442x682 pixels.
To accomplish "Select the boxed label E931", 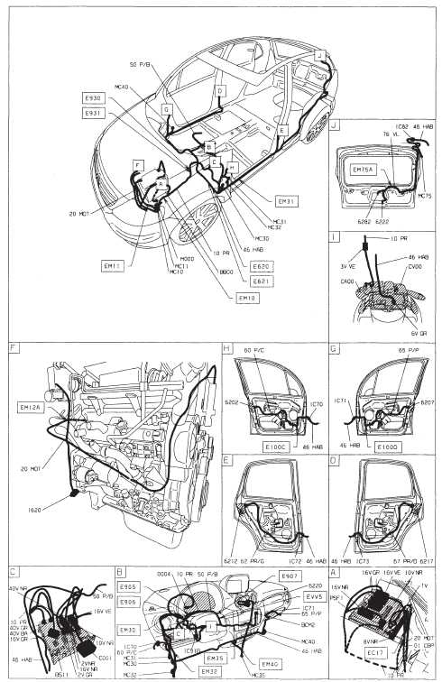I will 94,113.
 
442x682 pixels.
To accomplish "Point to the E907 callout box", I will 290,576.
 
